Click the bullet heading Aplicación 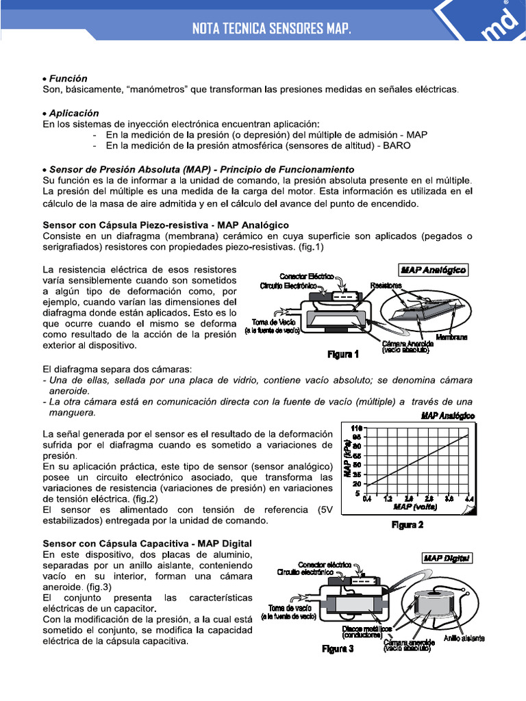tap(71, 113)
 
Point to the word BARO tap(398, 146)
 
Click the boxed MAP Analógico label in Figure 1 tap(433, 270)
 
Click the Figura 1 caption tap(343, 354)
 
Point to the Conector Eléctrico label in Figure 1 tap(308, 276)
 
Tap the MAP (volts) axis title tap(415, 507)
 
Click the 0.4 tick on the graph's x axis tap(366, 499)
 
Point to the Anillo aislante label tap(464, 638)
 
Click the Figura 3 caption tap(338, 649)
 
